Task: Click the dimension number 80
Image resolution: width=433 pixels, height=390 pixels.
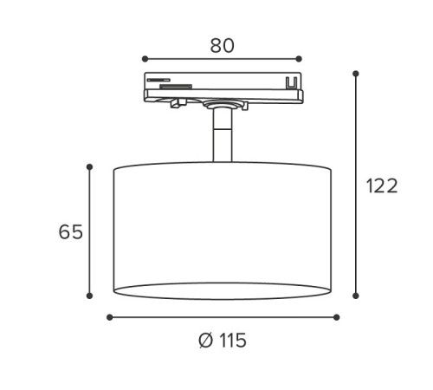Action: (x=222, y=45)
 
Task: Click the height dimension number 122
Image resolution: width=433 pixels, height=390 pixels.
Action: (x=381, y=185)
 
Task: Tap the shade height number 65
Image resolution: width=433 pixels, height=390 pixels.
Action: (x=71, y=231)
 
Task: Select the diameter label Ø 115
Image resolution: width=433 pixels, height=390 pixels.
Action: (x=222, y=341)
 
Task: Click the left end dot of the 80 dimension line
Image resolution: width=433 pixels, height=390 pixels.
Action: (x=145, y=60)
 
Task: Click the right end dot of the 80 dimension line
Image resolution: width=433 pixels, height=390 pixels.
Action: (x=299, y=60)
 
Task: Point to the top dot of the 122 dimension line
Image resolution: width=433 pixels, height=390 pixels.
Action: (x=356, y=74)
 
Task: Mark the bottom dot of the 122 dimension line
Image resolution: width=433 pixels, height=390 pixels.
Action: (x=356, y=296)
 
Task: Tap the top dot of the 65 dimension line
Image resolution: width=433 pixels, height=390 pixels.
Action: (x=89, y=166)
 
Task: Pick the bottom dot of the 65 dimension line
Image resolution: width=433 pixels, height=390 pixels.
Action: (x=89, y=296)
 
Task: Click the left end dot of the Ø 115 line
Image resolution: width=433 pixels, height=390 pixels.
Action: (x=109, y=317)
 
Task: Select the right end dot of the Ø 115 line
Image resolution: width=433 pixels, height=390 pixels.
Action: (x=337, y=317)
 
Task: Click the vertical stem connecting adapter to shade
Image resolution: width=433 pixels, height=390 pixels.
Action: (x=222, y=139)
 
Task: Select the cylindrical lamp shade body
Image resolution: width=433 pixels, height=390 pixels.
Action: (x=222, y=230)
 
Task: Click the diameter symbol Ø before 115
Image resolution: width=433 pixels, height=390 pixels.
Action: (x=204, y=341)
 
